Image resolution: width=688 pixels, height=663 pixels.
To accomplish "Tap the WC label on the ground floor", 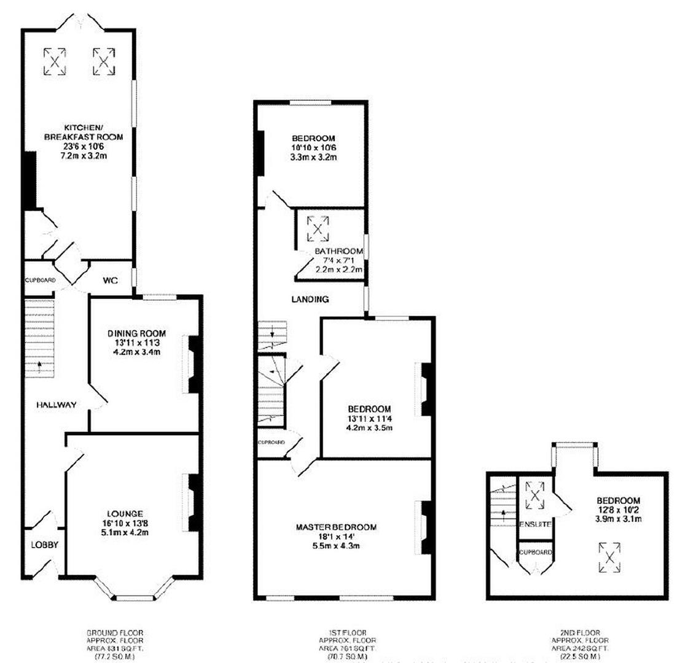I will tap(111, 280).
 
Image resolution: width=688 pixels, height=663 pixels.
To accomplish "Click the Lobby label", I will tap(45, 545).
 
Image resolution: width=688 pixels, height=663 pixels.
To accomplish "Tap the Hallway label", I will tap(56, 405).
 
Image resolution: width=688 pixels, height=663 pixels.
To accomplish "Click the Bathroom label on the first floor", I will tap(338, 251).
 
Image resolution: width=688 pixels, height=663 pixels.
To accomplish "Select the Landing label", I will tap(310, 300).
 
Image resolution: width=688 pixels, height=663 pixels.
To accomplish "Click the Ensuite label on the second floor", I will tap(535, 525).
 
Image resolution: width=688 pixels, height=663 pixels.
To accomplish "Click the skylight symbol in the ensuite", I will tap(535, 496).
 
